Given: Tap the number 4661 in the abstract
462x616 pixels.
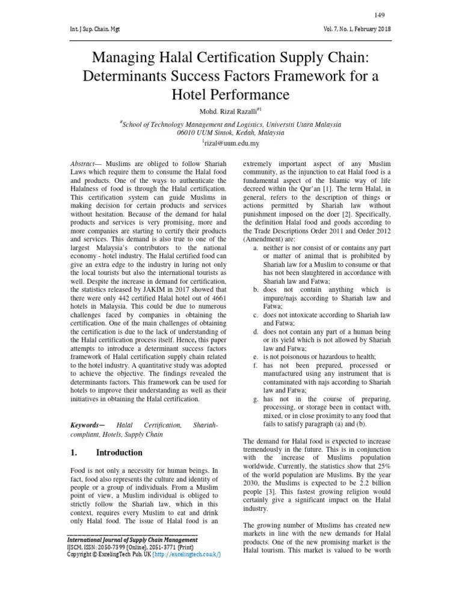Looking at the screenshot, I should pos(220,298).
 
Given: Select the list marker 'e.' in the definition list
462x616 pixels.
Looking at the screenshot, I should pos(256,357).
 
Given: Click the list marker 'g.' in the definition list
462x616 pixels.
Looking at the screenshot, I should pos(256,399).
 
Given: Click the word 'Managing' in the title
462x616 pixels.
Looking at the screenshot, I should pos(120,58).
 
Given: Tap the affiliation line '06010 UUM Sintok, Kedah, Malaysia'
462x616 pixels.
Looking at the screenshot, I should pos(231,132).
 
